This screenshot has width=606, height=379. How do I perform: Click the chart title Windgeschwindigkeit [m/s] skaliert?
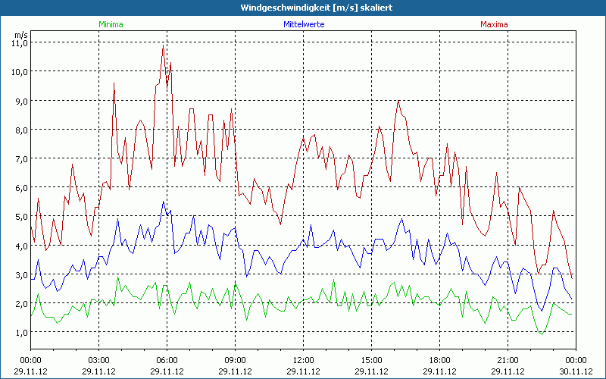click(x=303, y=8)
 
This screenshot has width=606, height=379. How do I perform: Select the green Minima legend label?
click(x=111, y=24)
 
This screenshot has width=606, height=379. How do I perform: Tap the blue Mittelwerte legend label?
click(x=304, y=24)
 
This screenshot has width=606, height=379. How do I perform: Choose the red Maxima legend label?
click(x=494, y=24)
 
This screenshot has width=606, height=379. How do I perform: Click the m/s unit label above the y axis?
click(x=20, y=34)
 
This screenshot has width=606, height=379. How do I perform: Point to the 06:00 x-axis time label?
click(x=167, y=360)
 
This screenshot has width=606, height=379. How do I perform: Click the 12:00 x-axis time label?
click(x=303, y=360)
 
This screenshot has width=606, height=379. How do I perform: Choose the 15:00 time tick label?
click(x=371, y=360)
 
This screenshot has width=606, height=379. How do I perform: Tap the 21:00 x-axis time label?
click(x=508, y=360)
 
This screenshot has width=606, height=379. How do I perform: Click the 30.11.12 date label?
click(x=576, y=371)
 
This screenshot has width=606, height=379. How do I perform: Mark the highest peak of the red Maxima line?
click(x=163, y=47)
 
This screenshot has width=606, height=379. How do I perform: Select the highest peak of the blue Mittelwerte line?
click(x=163, y=202)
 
